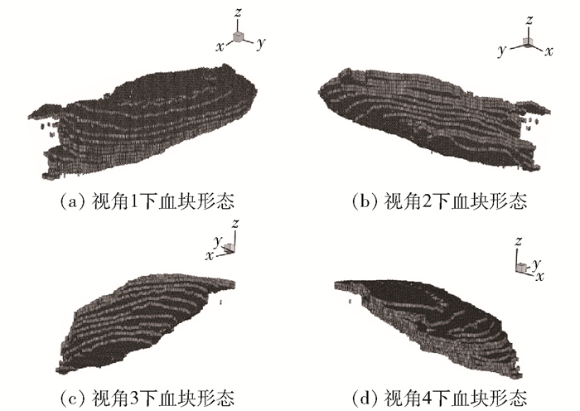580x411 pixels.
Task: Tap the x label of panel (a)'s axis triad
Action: click(x=220, y=47)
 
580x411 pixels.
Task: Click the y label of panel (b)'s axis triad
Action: click(x=501, y=51)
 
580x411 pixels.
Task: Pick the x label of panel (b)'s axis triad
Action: click(x=548, y=51)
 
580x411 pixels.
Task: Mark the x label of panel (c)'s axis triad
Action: click(x=210, y=256)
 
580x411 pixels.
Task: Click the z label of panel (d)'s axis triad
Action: click(x=518, y=241)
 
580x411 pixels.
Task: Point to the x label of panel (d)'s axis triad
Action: click(x=539, y=274)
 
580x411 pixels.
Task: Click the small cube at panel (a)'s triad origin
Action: click(x=239, y=37)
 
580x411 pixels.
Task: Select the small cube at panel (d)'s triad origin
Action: click(x=522, y=267)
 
